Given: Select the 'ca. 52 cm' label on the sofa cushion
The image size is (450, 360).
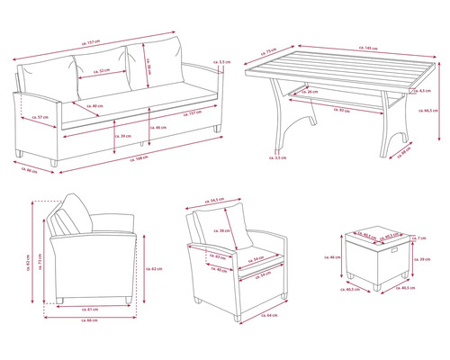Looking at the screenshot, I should coord(103,70).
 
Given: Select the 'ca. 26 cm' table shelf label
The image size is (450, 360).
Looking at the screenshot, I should coord(310,92).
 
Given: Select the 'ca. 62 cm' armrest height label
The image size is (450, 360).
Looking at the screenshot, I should coord(155,269).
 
